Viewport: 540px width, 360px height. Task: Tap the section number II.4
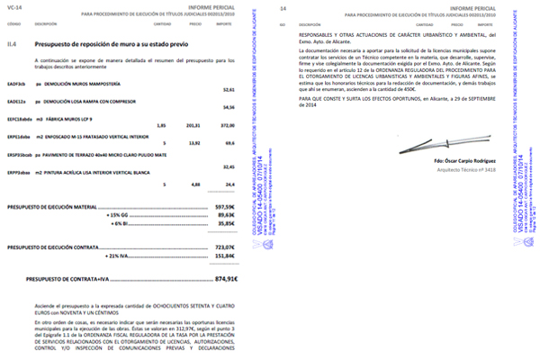[x=12, y=43]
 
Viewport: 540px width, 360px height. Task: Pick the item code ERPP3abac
[x=17, y=171]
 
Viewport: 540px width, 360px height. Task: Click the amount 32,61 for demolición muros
[x=228, y=91]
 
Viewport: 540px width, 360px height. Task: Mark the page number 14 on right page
[x=283, y=8]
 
